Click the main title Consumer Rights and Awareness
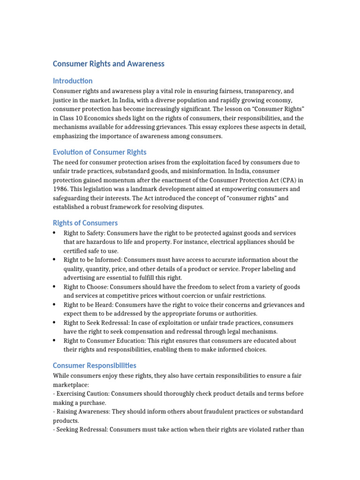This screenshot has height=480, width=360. pyautogui.click(x=108, y=64)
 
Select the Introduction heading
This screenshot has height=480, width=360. pyautogui.click(x=73, y=81)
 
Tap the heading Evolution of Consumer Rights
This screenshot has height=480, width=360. pyautogui.click(x=99, y=152)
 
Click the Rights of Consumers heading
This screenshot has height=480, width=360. pyautogui.click(x=85, y=223)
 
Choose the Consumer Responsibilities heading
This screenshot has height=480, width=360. pyautogui.click(x=94, y=365)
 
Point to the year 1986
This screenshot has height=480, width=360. pyautogui.click(x=60, y=189)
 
